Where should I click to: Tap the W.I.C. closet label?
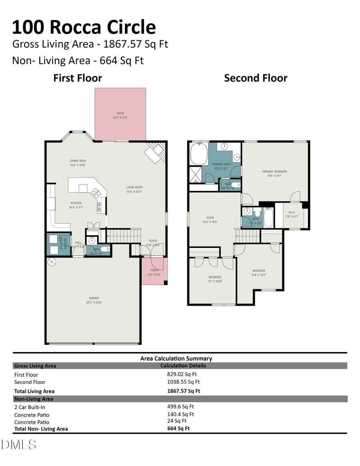(291, 214)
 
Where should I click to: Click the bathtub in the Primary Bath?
(198, 154)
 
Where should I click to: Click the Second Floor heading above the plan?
(256, 78)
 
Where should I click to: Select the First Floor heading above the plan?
(78, 78)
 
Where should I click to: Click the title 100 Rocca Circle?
(84, 27)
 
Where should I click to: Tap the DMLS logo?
(19, 444)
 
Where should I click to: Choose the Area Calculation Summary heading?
(176, 358)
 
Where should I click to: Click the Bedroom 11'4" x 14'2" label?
(258, 273)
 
